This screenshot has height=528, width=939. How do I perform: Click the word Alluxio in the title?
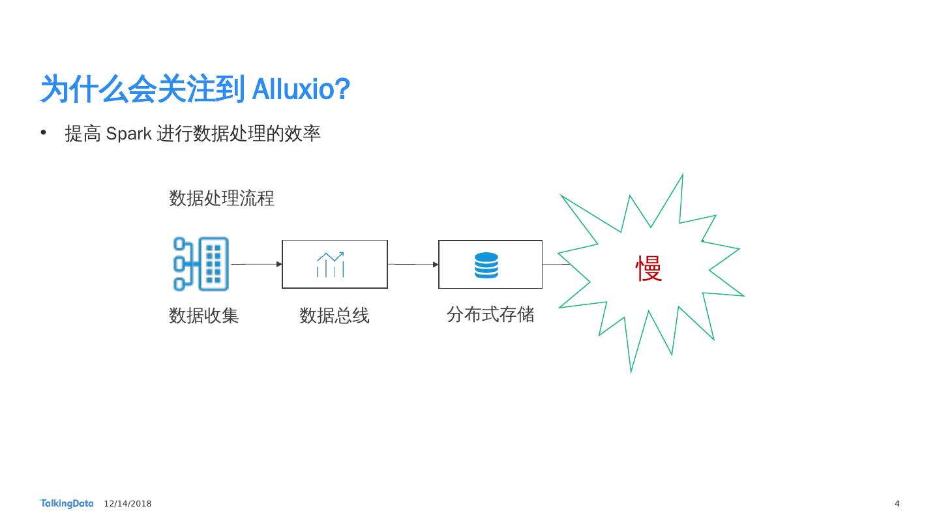click(x=292, y=89)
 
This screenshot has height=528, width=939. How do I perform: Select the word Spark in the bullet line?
click(x=128, y=134)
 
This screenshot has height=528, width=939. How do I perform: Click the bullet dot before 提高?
click(x=44, y=133)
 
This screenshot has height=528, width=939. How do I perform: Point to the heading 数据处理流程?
click(x=222, y=198)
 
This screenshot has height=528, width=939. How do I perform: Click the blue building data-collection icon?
click(x=201, y=264)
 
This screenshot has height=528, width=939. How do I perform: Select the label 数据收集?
click(x=204, y=316)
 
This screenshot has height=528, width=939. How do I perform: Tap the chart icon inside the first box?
click(x=331, y=265)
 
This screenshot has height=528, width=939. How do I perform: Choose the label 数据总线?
click(x=335, y=316)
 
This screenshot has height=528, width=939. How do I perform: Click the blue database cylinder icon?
click(x=486, y=265)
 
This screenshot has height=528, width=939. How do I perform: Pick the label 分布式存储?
click(x=490, y=315)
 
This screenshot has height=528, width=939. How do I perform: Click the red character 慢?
click(x=649, y=269)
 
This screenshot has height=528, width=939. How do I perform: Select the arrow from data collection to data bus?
click(x=256, y=264)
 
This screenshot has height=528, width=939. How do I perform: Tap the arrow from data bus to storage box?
click(x=413, y=264)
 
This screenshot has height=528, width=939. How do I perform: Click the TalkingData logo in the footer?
click(x=67, y=503)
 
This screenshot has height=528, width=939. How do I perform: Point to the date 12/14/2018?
click(x=128, y=504)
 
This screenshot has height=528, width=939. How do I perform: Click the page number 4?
click(x=897, y=504)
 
